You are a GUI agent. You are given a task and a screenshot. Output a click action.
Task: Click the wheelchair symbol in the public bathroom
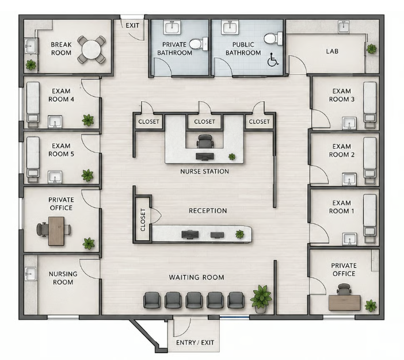coord(273,59)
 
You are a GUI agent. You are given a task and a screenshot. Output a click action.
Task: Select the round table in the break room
coord(91,50)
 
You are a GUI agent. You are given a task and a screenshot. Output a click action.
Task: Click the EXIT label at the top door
coord(132,25)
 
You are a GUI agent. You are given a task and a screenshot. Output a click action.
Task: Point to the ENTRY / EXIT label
coord(195,343)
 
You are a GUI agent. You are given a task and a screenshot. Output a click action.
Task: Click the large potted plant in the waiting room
coord(261,298)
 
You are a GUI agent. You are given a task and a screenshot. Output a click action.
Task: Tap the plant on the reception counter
coord(239,234)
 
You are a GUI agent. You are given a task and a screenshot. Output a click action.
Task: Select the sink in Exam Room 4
coord(55,122)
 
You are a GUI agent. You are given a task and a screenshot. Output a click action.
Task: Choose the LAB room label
coord(332,51)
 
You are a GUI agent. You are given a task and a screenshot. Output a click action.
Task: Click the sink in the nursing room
coord(31,274)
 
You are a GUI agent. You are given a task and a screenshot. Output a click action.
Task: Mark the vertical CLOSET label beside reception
coord(143,220)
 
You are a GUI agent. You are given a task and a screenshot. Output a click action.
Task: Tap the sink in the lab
coord(344,27)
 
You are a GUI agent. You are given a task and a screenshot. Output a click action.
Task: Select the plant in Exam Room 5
coord(87,175)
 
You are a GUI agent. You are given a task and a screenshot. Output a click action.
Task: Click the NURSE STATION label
coord(204,171)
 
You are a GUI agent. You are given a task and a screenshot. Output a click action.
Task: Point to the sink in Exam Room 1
coord(349,239)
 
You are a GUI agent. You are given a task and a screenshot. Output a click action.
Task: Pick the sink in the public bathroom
coord(229,28)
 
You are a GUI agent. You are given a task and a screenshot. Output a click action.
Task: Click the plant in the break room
coord(31,65)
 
